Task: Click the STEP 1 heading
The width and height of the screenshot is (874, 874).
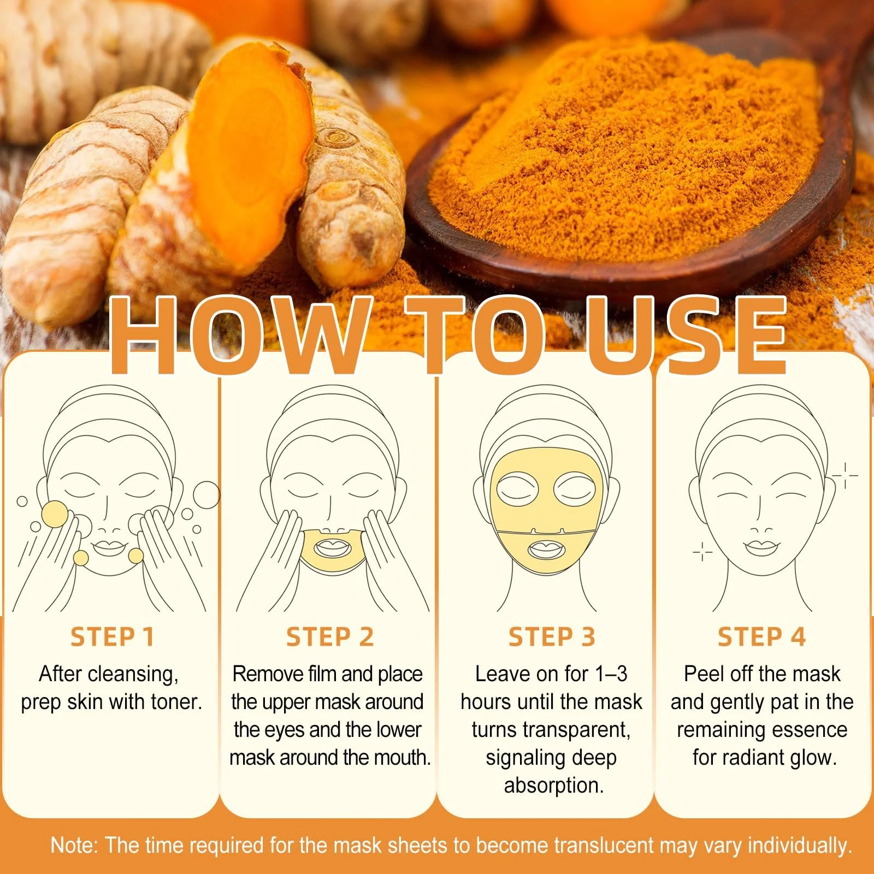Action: (112, 637)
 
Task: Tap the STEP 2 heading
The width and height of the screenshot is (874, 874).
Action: (330, 637)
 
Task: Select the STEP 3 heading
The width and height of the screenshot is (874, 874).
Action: (552, 637)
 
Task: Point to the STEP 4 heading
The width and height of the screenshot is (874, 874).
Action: (761, 637)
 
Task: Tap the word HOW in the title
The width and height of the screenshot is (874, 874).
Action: (238, 336)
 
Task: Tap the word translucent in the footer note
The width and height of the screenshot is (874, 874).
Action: (604, 846)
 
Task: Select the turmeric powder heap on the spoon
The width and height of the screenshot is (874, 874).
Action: (628, 147)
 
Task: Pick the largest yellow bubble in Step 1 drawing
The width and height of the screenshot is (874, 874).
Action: (55, 514)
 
